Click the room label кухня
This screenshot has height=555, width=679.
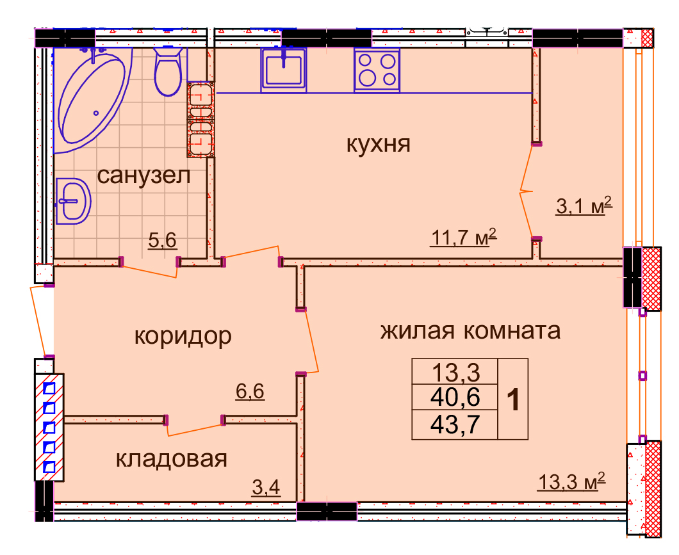378,144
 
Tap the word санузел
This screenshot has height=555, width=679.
143,175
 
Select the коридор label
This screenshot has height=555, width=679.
183,337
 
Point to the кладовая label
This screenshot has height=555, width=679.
172,459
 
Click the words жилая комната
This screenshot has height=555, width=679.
470,331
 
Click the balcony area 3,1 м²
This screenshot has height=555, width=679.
584,205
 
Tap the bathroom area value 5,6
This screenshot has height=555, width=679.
163,240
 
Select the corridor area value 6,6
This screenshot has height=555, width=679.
250,392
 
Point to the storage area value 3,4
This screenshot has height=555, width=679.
266,488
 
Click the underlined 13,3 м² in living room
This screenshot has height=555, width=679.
571,481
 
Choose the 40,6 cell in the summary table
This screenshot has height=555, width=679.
455,397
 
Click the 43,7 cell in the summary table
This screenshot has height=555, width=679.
455,424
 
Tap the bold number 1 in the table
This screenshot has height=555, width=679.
513,399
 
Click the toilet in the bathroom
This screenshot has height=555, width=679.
168,71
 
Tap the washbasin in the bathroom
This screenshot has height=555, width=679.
73,201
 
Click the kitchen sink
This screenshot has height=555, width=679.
284,70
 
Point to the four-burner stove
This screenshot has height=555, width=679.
377,70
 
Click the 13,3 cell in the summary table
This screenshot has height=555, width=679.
455,372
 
